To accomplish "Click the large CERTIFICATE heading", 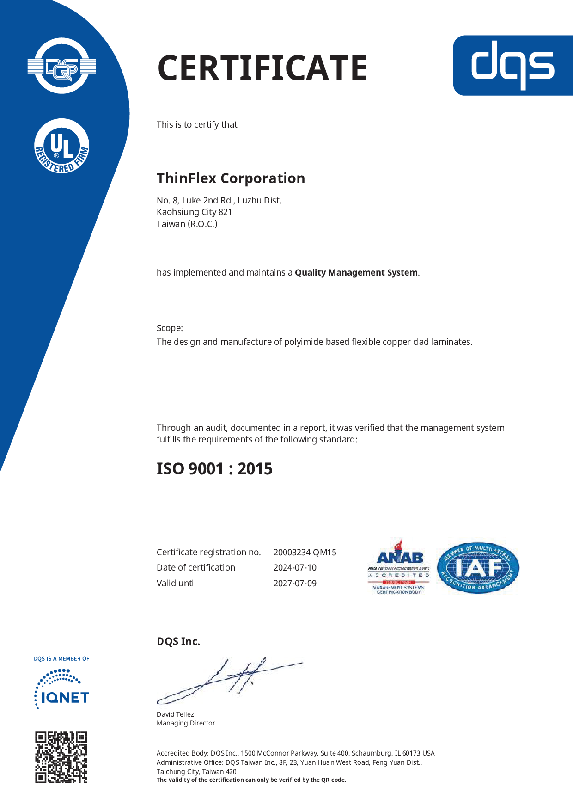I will point(262,68).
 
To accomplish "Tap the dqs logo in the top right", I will point(512,65).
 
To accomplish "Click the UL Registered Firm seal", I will point(62,147).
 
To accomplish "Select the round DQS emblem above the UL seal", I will point(62,66).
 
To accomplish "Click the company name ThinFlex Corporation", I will point(231,178).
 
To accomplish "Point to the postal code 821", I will point(225,212).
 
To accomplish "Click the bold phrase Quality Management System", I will point(356,273).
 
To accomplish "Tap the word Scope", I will point(169,328).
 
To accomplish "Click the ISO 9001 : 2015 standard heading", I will point(214,469).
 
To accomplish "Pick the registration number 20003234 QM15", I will point(305,553).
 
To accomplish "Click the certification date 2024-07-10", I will point(295,568).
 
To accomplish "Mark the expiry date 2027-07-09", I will point(295,584).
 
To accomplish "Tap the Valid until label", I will point(176,584).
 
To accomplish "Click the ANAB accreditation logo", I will point(399,567).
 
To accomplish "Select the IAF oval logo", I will point(478,568).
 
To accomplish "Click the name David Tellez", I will point(175,714).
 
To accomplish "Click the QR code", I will point(61,757).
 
